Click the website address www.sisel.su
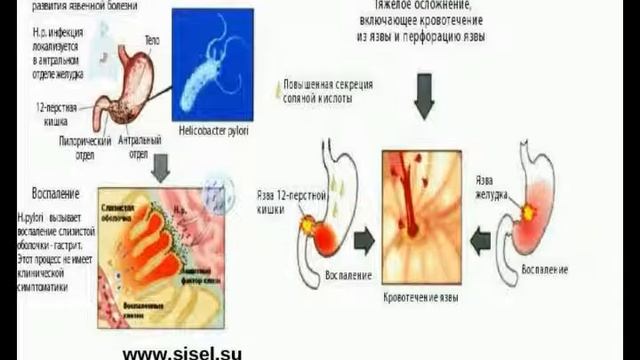click(182, 352)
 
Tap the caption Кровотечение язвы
click(421, 297)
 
